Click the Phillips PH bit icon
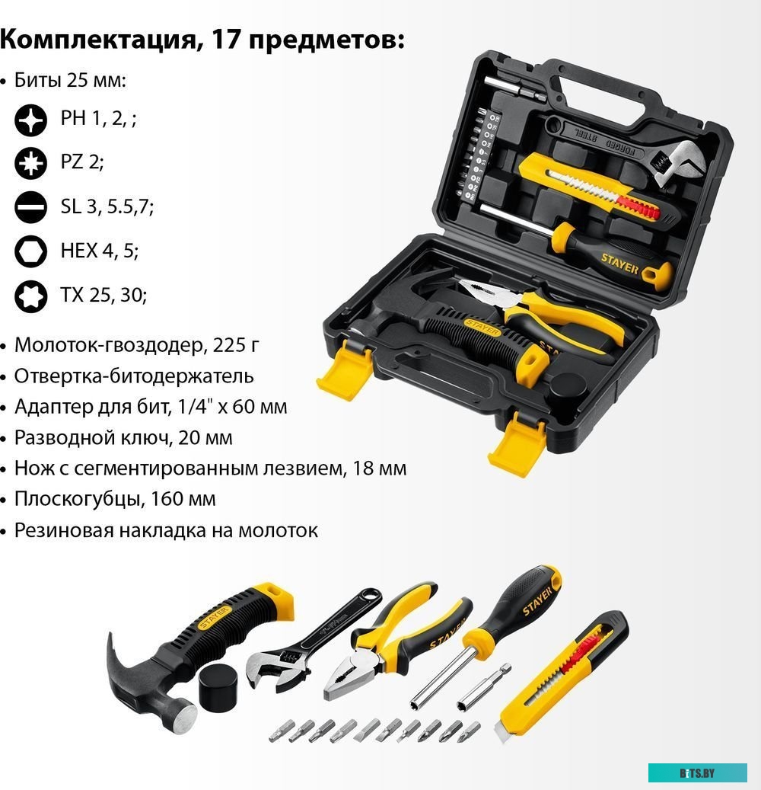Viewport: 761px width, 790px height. pos(31,119)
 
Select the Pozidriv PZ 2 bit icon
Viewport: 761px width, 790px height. pos(31,162)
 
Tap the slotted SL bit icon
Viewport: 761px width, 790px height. pos(31,206)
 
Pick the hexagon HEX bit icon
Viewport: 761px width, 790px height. pos(31,250)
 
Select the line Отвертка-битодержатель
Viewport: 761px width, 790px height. pos(134,376)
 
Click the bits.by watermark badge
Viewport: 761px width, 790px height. pos(697,772)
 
